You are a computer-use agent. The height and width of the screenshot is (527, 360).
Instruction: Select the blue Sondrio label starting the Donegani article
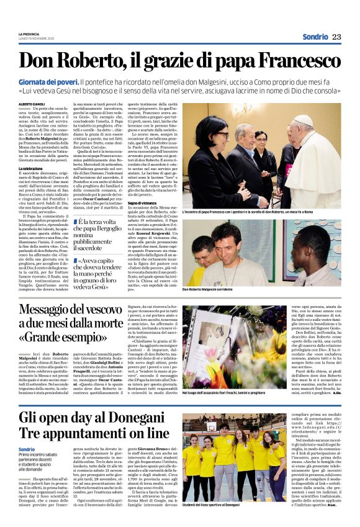point(27,449)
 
